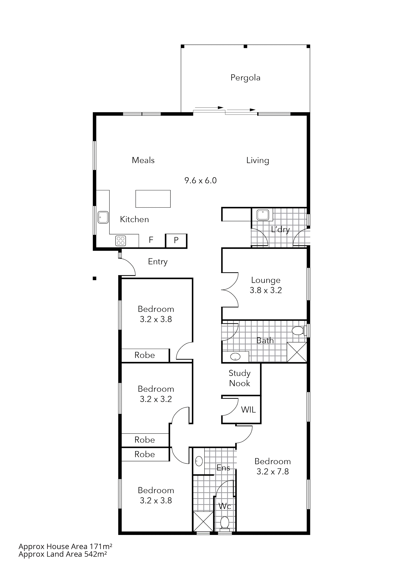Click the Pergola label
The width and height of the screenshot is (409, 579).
click(245, 78)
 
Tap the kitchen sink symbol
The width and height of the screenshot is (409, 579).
click(103, 217)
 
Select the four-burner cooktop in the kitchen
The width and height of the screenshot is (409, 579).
click(120, 241)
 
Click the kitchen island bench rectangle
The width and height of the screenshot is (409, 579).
click(153, 199)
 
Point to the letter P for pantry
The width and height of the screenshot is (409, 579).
click(176, 240)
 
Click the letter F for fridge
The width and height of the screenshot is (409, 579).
click(151, 239)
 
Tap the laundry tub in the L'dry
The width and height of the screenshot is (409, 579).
click(263, 215)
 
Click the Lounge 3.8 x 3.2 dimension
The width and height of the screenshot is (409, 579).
click(266, 290)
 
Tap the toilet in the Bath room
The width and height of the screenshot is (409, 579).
click(298, 331)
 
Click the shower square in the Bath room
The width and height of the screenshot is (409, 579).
click(297, 352)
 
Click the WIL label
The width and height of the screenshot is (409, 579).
click(248, 410)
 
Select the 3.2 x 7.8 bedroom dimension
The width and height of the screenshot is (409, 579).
click(272, 472)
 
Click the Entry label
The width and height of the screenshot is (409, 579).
click(157, 262)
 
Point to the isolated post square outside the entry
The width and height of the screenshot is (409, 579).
click(94, 278)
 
